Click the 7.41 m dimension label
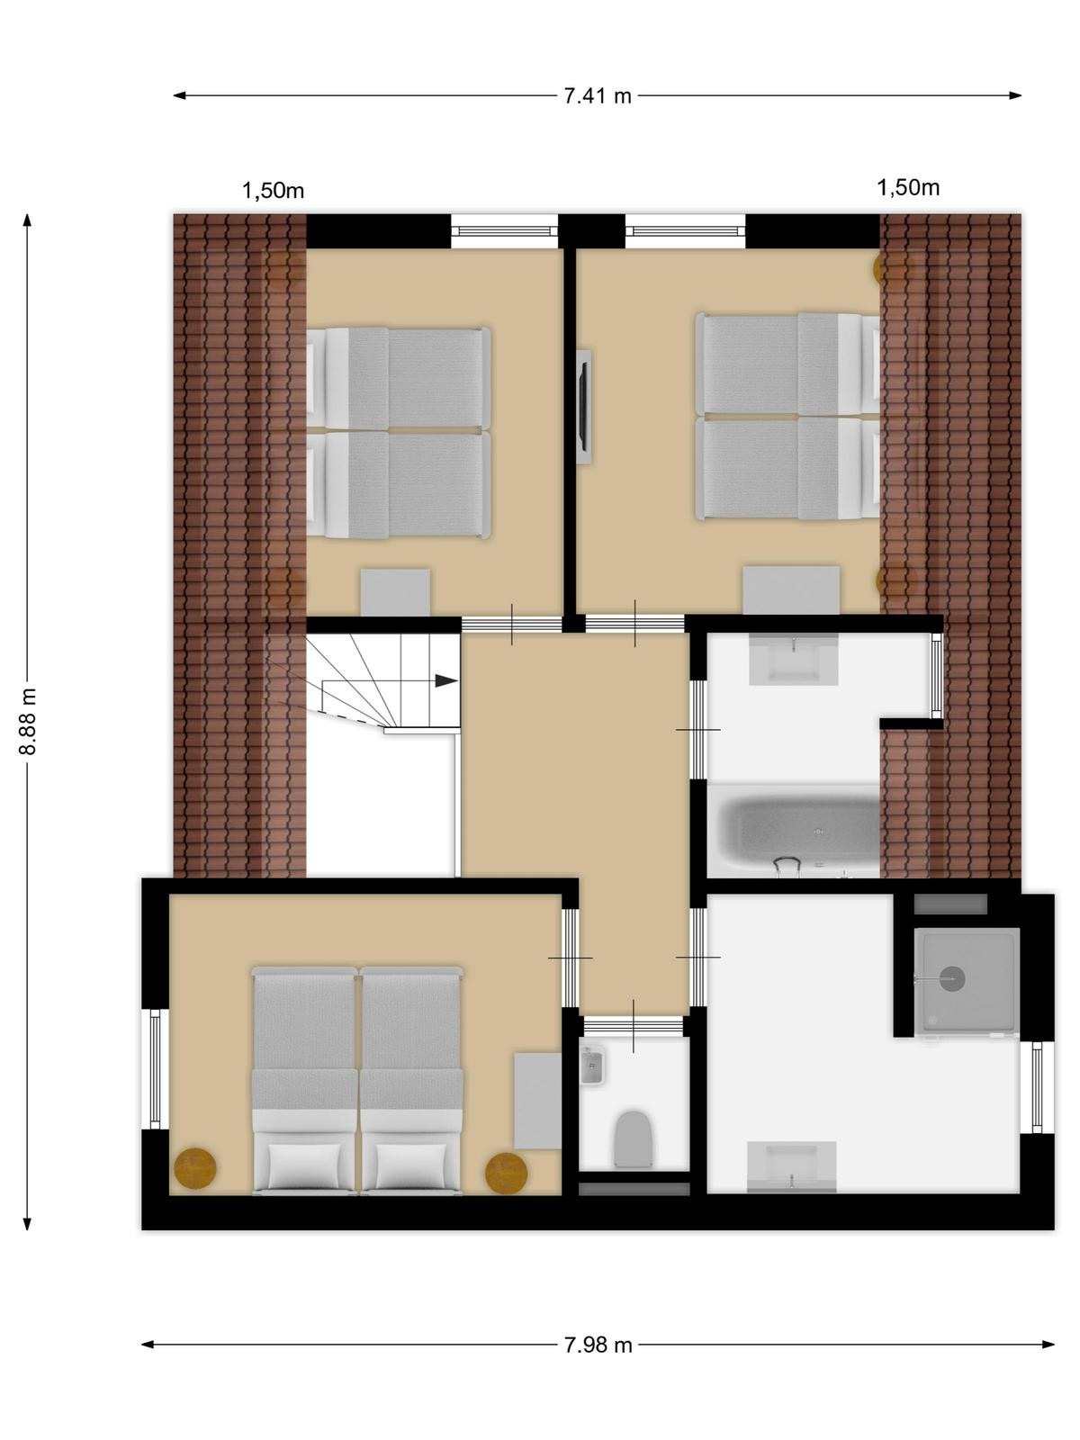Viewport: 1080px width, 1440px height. (598, 95)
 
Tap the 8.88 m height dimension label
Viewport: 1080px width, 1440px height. (27, 721)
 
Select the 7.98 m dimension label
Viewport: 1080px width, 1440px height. (598, 1345)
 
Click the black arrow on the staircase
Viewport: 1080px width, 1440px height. (445, 681)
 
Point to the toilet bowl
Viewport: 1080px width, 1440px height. (634, 1138)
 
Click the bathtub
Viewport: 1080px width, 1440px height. (795, 832)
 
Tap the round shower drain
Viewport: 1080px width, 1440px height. (952, 978)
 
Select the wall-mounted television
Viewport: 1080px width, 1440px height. (583, 407)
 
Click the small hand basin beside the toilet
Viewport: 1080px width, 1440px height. (592, 1064)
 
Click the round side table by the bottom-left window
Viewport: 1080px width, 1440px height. (195, 1167)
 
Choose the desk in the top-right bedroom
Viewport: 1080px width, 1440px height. (791, 589)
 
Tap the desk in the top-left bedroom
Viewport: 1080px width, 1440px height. (395, 592)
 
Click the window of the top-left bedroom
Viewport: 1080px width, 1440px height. (504, 231)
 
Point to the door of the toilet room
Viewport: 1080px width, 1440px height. (634, 1026)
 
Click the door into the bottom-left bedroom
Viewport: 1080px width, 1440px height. (571, 958)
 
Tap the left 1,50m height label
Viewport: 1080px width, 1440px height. (274, 191)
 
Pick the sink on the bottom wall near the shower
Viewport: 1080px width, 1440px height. (792, 1165)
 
